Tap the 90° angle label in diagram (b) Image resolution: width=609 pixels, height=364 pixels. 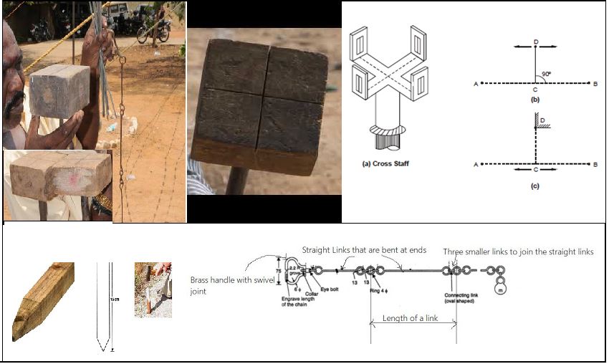coord(547,74)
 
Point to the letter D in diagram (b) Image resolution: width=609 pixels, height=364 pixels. coord(536,43)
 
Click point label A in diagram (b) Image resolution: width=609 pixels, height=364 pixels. coord(475,83)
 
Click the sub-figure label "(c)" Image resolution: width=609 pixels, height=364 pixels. coord(534,186)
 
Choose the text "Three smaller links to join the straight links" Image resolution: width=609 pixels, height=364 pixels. coord(518,252)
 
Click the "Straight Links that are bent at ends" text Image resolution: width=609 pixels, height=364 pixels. coord(364,250)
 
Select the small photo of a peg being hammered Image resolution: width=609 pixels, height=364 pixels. coord(153,289)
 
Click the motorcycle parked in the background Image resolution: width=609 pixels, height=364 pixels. coord(153,30)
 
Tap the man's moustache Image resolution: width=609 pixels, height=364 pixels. coord(15,103)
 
